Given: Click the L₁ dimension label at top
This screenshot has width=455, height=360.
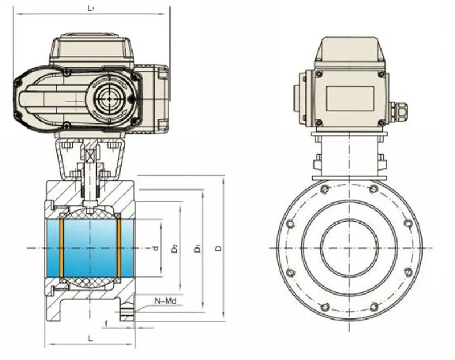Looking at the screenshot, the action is (x=91, y=8).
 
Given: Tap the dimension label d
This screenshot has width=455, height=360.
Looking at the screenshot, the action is (x=156, y=248).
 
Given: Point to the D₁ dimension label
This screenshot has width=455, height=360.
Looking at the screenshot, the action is (x=197, y=249).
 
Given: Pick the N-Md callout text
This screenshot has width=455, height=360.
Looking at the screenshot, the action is (x=166, y=301).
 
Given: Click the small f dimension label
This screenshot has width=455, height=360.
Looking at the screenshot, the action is (x=106, y=324).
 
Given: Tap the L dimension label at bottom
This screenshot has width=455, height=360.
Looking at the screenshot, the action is (x=90, y=338).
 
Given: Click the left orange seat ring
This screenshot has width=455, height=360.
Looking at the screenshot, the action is (x=61, y=248).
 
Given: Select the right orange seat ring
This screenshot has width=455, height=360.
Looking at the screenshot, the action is (x=119, y=248).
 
